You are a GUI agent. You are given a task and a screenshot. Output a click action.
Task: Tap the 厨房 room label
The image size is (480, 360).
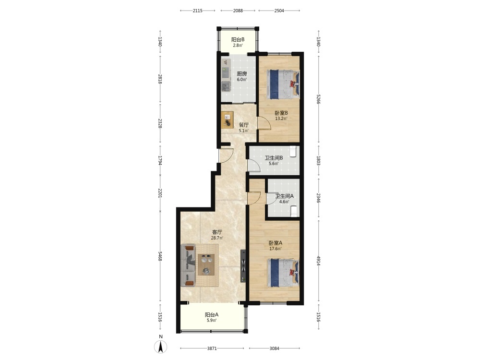(242, 74)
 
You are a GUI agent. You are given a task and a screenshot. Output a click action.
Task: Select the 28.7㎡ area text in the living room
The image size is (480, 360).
(217, 238)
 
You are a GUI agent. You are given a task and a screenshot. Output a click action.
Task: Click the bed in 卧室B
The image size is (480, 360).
(283, 84)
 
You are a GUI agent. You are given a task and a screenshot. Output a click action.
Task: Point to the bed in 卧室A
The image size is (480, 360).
(283, 273)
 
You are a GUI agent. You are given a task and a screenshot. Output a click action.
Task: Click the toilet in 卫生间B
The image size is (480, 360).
(293, 152)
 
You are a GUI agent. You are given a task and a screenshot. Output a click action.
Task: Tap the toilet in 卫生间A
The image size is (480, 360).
(294, 211)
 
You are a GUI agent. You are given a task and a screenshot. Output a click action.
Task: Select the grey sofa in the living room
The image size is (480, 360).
(188, 265)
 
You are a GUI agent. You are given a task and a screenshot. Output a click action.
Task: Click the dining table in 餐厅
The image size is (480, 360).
(228, 120)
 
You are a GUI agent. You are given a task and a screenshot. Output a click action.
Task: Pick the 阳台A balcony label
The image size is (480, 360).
(212, 315)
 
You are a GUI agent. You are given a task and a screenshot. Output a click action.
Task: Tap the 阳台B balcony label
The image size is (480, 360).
(238, 39)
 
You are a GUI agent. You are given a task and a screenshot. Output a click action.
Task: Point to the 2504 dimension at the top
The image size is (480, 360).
(279, 11)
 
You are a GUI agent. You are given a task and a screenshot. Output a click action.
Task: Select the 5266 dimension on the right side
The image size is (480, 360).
(318, 99)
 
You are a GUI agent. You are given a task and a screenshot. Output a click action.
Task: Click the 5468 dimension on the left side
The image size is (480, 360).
(160, 256)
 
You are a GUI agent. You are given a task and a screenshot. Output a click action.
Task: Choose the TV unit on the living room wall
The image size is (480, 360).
(243, 266)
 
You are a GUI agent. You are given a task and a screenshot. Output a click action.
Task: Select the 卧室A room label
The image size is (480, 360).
(276, 243)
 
